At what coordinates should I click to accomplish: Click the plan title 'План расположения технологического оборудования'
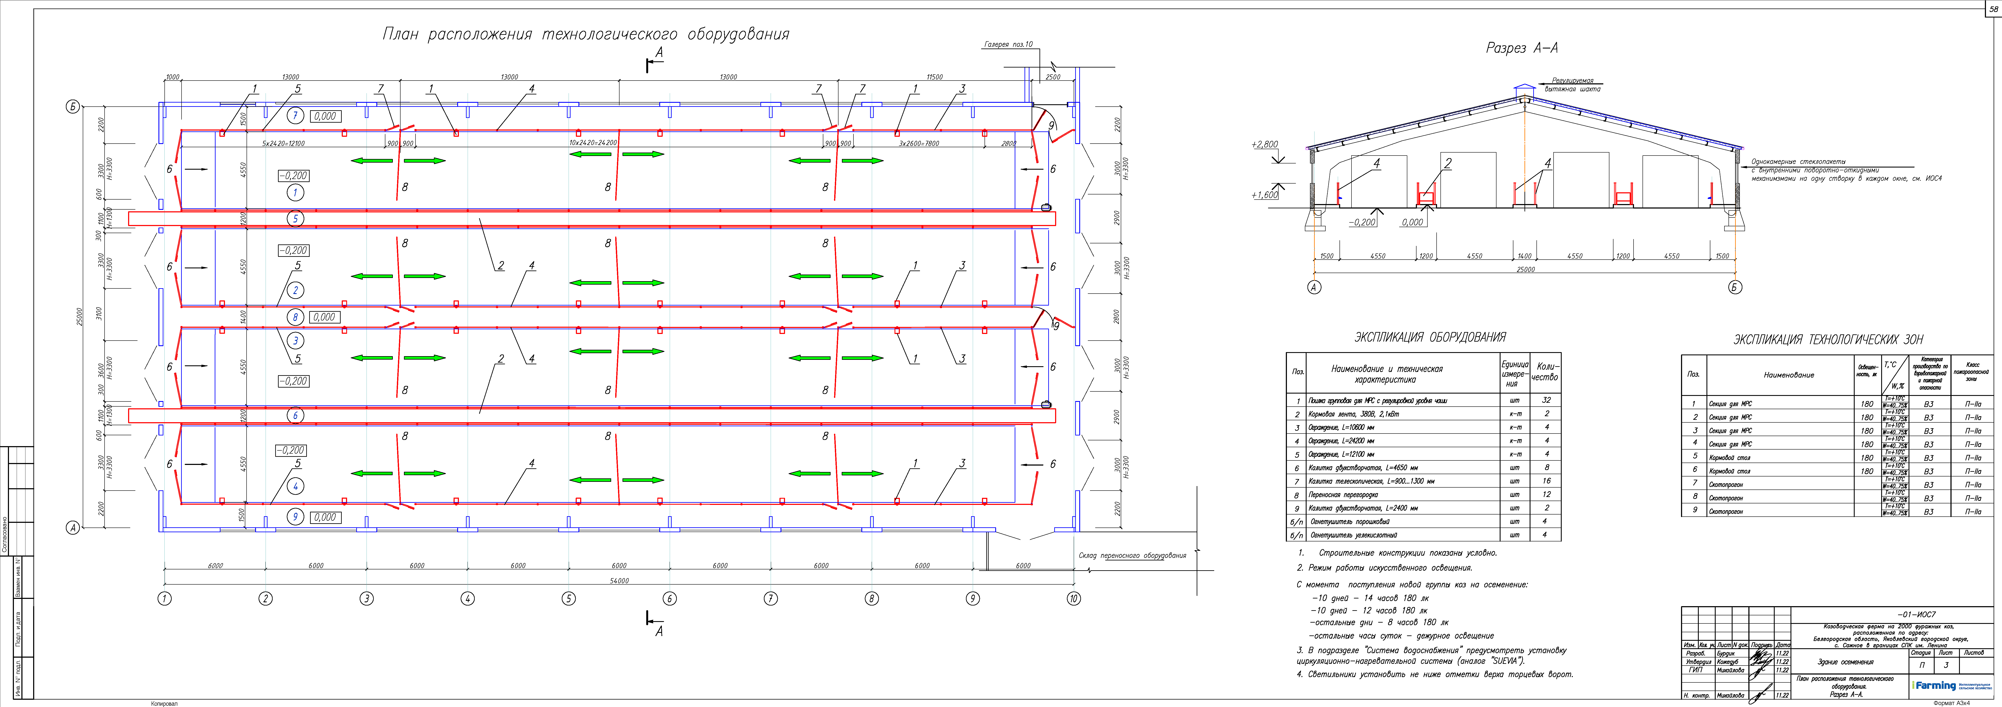586,34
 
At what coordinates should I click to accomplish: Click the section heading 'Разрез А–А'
1522,48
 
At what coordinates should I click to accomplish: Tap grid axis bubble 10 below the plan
1073,598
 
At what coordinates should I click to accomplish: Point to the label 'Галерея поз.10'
1008,44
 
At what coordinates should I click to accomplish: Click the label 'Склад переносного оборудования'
1132,556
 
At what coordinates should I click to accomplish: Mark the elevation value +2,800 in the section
1264,144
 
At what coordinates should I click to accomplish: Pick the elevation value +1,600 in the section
1264,195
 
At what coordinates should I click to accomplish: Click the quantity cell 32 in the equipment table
1546,400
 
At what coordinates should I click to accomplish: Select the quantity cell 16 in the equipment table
1546,481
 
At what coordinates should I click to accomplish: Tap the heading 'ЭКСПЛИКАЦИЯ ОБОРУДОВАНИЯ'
1430,337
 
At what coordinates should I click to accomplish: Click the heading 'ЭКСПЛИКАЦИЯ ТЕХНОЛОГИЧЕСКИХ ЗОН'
1828,340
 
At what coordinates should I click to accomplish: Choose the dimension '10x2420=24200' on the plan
593,143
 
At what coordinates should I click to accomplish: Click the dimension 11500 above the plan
934,77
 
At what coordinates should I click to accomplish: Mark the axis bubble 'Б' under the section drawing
1735,287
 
